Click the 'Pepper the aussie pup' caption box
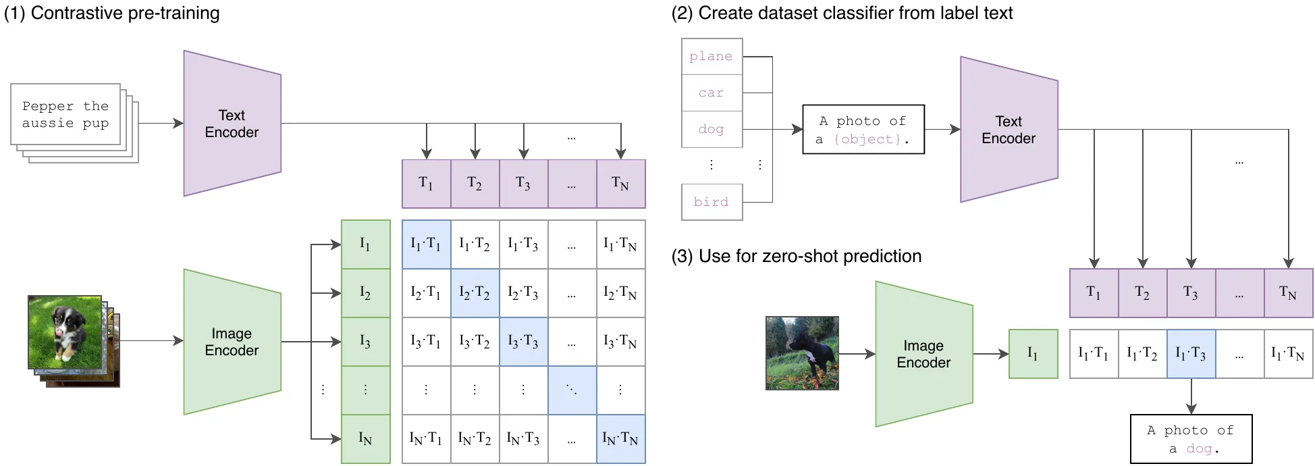click(65, 114)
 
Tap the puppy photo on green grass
click(65, 332)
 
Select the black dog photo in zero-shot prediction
click(802, 353)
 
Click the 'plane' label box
click(712, 56)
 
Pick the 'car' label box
click(712, 93)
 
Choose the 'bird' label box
click(712, 202)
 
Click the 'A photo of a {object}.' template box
click(863, 129)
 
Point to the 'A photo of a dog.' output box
click(1191, 439)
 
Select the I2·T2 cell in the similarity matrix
click(475, 293)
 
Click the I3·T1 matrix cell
click(427, 342)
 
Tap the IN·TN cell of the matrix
click(621, 439)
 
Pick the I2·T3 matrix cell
click(524, 293)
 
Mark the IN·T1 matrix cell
click(427, 439)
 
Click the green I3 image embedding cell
click(366, 342)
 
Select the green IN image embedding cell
click(366, 439)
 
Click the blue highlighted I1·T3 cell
click(1191, 354)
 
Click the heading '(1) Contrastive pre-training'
click(112, 14)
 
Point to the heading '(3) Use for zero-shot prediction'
click(797, 257)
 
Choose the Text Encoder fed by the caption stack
click(232, 124)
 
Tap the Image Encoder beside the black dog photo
click(924, 354)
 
